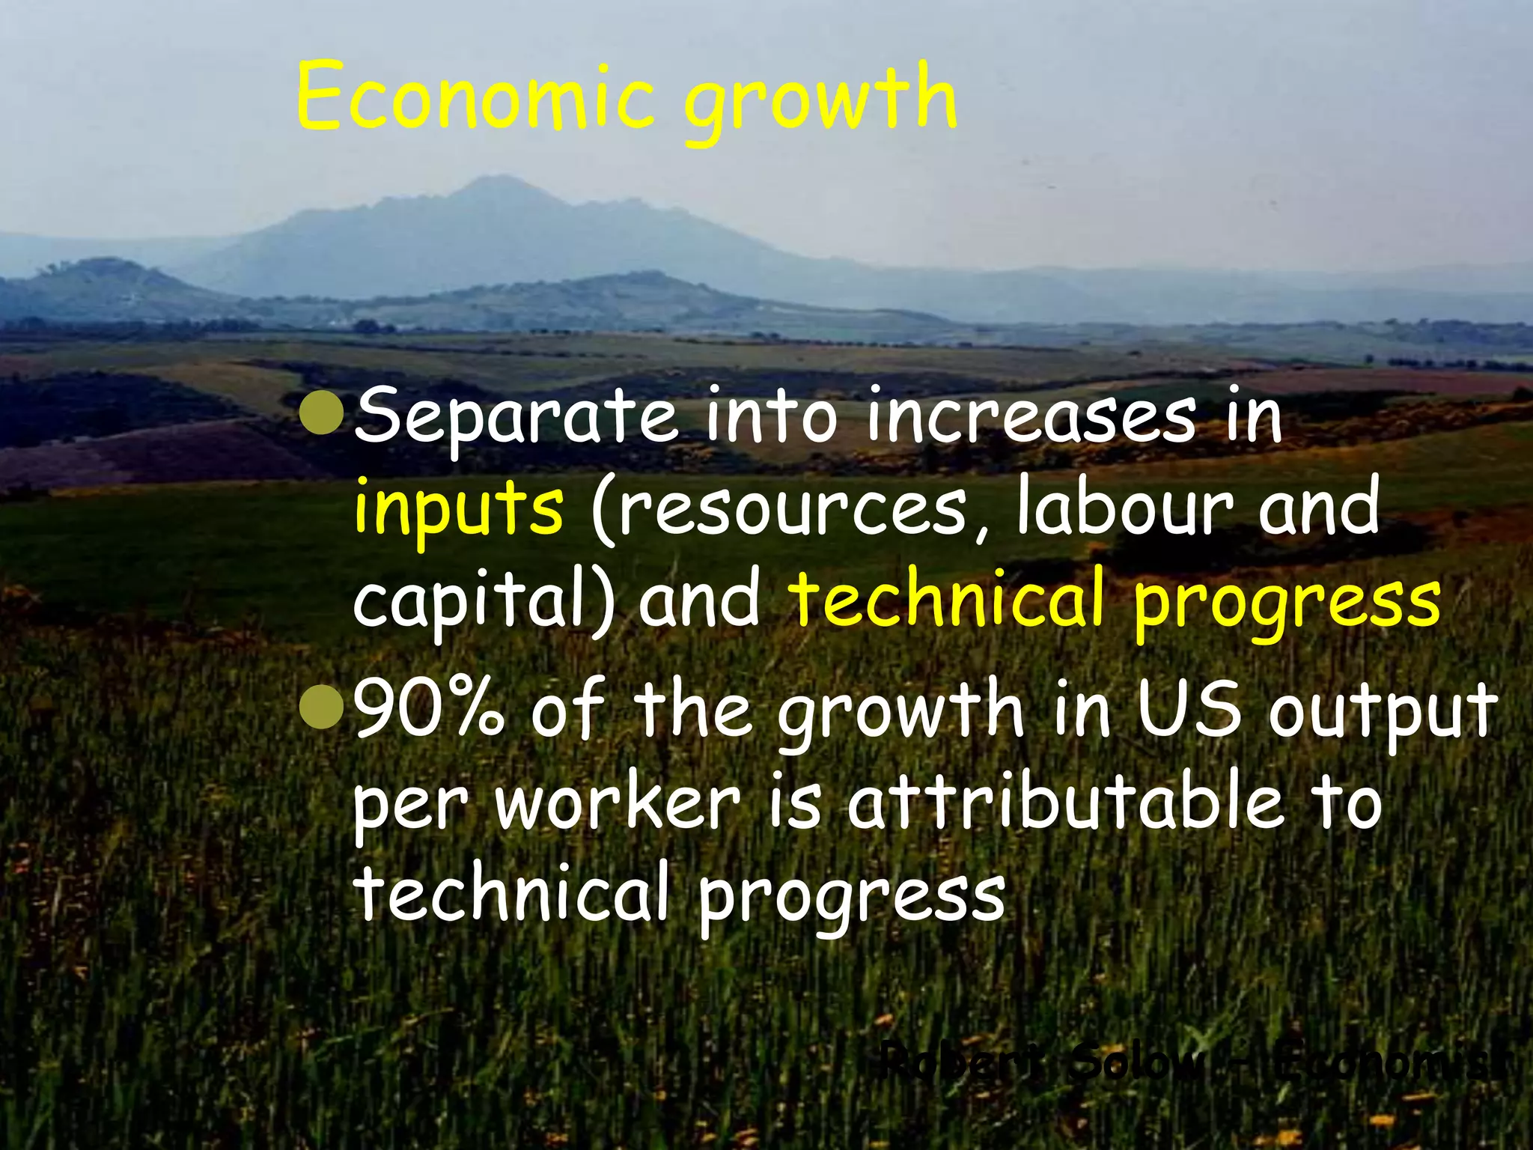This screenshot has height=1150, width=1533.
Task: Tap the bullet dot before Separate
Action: [322, 411]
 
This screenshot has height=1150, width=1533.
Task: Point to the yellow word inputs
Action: [458, 510]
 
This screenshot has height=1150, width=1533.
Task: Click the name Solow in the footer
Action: [1135, 1062]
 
